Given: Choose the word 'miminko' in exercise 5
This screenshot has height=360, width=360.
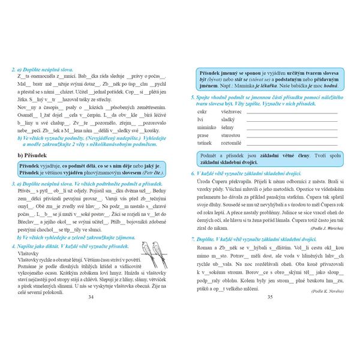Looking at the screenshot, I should [x=207, y=127].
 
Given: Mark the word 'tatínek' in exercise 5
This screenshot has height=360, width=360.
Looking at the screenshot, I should [x=206, y=143].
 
